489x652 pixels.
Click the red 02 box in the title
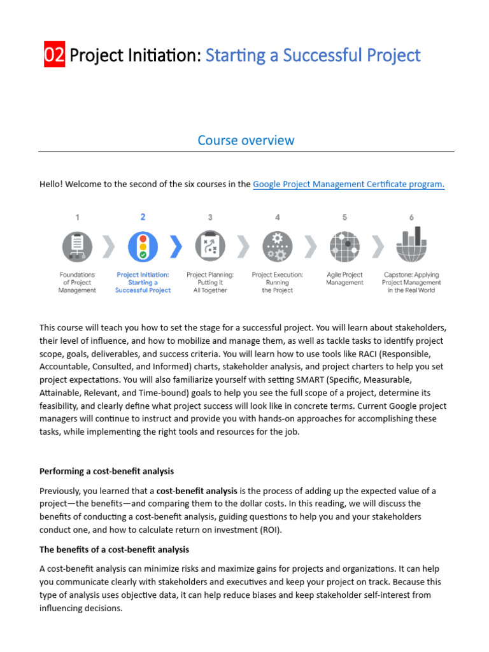tap(54, 55)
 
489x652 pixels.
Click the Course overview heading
tap(246, 140)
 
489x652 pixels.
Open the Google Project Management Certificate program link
tap(348, 185)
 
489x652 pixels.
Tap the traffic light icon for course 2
tap(143, 246)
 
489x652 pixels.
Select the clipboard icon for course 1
tap(77, 246)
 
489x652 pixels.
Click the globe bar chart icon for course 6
tap(411, 246)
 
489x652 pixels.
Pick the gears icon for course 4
tap(278, 246)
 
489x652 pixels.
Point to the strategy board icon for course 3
tap(210, 246)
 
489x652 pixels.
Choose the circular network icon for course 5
tap(344, 246)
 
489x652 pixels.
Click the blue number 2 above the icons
tap(143, 217)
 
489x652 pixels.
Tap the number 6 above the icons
tap(411, 217)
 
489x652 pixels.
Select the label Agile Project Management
tap(344, 279)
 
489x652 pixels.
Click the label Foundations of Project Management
tap(77, 283)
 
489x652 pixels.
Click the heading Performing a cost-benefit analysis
tap(106, 471)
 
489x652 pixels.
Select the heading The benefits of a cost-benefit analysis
tap(114, 549)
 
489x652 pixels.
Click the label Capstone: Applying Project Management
tap(411, 283)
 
